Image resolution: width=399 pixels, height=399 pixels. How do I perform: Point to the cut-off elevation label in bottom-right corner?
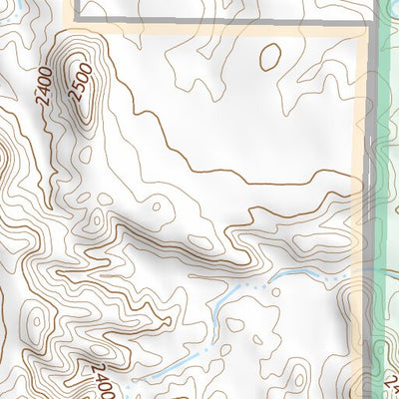[x=390, y=383]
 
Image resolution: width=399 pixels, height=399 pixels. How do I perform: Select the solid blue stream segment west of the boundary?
[x=299, y=271]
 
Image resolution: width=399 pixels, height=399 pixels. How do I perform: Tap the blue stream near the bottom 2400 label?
[x=150, y=374]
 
